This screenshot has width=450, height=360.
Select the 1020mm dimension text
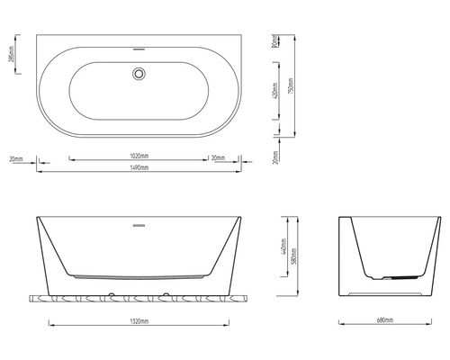(x=139, y=157)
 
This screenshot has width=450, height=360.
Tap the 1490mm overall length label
(x=139, y=169)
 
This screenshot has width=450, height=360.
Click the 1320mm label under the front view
(x=139, y=319)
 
